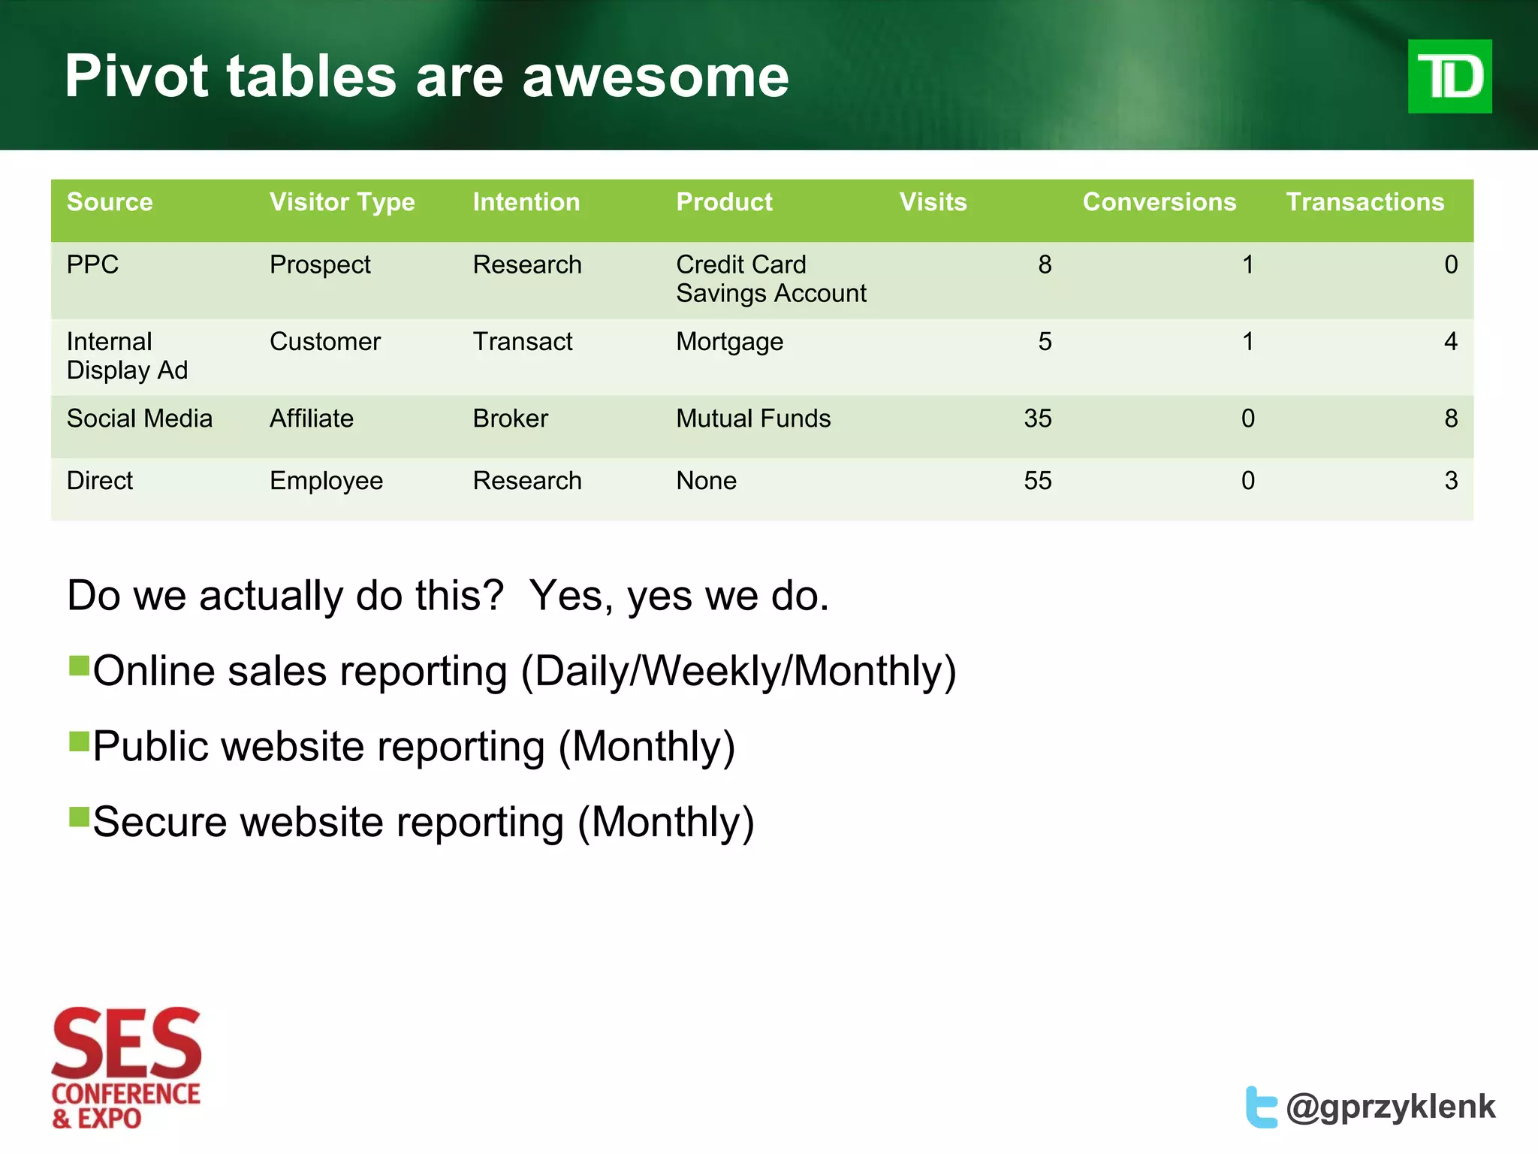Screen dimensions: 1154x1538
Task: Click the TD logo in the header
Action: point(1449,77)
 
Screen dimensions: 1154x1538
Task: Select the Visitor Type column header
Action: point(342,202)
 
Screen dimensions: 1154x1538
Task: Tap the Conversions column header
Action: point(1159,202)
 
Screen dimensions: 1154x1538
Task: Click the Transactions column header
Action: point(1365,202)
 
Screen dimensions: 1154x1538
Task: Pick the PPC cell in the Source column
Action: point(92,264)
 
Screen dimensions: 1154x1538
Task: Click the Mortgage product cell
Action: point(729,342)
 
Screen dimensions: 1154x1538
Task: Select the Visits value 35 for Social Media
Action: point(1037,418)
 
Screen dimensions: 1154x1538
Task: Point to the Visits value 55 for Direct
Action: point(1037,481)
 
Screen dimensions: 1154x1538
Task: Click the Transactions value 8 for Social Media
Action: point(1450,418)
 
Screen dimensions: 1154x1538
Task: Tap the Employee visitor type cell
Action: point(326,481)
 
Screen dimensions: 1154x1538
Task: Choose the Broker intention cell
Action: point(510,418)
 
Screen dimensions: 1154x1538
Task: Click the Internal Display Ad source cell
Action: point(126,356)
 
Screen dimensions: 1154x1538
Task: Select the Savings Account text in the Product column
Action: point(771,294)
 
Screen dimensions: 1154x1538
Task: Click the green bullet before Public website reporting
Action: point(79,742)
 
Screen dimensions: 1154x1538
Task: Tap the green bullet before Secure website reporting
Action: point(79,817)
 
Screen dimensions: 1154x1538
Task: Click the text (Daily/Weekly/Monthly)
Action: point(738,671)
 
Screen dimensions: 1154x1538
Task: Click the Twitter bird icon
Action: point(1261,1107)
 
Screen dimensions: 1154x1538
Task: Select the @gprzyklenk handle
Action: point(1390,1107)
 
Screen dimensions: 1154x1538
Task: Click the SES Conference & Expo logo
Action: point(126,1067)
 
